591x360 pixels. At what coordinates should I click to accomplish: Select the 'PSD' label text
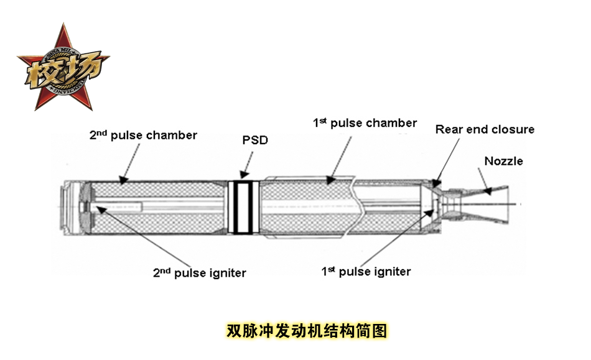(x=255, y=140)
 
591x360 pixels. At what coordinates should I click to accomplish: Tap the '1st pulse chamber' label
(x=365, y=123)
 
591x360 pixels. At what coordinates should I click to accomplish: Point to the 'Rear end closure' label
(x=485, y=129)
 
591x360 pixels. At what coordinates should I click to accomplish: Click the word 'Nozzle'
(x=503, y=161)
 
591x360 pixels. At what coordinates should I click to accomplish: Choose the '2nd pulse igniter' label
(x=199, y=272)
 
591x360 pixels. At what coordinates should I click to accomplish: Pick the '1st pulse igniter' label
(x=366, y=271)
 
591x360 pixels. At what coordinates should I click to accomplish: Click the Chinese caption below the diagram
(x=307, y=330)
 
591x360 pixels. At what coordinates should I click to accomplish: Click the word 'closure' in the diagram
(x=513, y=129)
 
